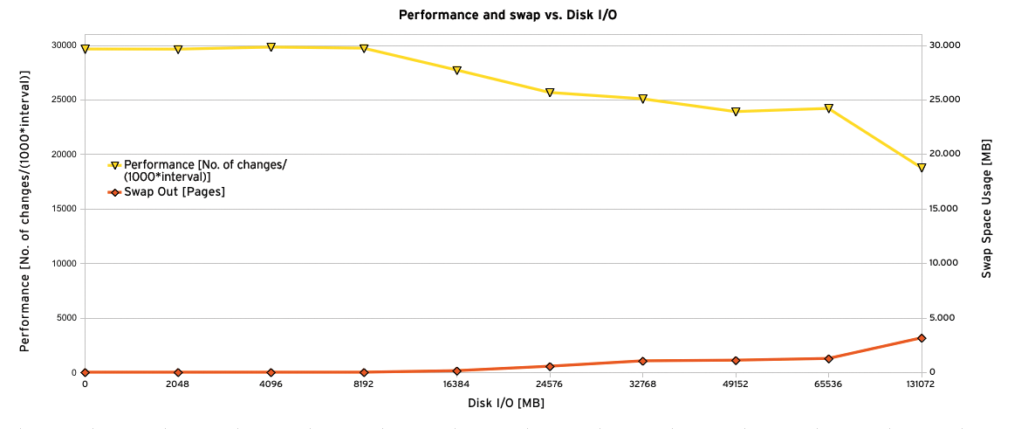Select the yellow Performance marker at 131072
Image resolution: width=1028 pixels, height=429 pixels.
[x=921, y=168]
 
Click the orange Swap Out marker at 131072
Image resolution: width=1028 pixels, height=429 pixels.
[x=921, y=337]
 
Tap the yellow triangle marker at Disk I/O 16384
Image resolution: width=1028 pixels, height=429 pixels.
[x=456, y=71]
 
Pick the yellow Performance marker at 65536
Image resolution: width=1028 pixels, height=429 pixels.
[x=828, y=108]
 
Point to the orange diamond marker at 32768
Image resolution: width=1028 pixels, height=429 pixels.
[x=642, y=361]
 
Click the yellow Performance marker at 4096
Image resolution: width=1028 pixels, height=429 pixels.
[x=271, y=47]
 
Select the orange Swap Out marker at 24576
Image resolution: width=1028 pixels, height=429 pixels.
[x=550, y=366]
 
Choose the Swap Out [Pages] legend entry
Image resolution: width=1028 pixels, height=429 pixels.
[x=174, y=192]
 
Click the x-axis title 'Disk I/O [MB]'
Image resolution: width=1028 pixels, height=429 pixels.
[x=505, y=403]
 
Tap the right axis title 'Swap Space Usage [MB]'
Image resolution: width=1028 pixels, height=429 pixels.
[x=987, y=208]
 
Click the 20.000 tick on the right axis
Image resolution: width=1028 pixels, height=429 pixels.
[x=944, y=154]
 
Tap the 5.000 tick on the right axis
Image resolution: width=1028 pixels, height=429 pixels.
[x=944, y=318]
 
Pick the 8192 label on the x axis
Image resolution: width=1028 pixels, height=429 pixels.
[x=364, y=384]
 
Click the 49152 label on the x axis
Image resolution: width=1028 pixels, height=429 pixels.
[x=736, y=384]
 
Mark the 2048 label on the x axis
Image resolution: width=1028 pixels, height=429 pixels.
[x=178, y=384]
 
